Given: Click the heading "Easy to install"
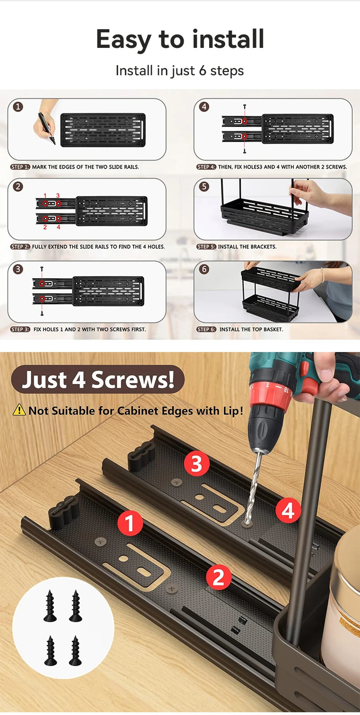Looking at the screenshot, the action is click(180, 39).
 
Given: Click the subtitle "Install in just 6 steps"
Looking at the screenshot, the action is click(180, 71).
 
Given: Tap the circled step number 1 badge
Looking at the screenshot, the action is click(18, 107).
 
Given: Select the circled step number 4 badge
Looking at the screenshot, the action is click(204, 107).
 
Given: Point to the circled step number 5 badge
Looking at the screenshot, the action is click(204, 187).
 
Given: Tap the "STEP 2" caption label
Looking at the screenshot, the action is click(20, 247).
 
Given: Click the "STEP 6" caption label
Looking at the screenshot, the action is click(206, 329).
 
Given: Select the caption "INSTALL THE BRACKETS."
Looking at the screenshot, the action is click(247, 247).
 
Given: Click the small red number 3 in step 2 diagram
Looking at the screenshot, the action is click(58, 195).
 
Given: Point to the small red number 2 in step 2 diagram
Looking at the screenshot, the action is click(45, 227).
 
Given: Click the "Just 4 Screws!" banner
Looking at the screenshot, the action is click(98, 379).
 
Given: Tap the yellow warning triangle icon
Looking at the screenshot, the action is click(19, 410).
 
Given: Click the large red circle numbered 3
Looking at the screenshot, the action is click(196, 463).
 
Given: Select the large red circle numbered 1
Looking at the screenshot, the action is click(130, 523).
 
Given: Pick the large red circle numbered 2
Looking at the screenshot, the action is click(218, 577).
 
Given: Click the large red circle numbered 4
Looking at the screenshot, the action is click(288, 510).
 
